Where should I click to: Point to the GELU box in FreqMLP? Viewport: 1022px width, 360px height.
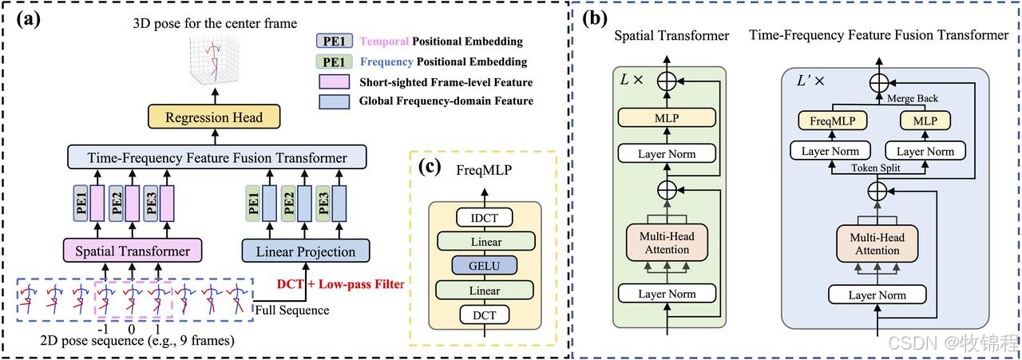click(485, 265)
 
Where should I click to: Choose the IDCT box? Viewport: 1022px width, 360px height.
click(485, 217)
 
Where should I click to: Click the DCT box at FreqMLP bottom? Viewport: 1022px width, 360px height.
click(485, 315)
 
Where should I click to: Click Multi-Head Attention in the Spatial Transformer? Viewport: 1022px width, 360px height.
click(667, 243)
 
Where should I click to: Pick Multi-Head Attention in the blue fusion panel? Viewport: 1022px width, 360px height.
click(877, 243)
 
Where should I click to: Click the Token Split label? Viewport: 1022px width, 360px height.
click(877, 169)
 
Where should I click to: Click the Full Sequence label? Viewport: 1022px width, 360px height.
click(291, 310)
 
